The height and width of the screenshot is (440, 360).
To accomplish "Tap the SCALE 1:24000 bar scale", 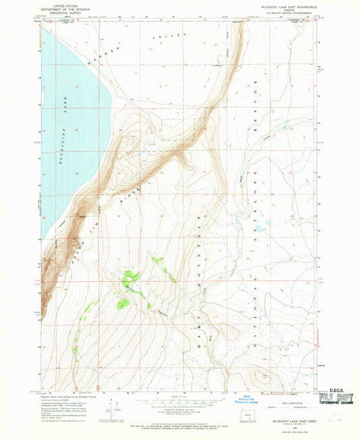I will tap(179, 402).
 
